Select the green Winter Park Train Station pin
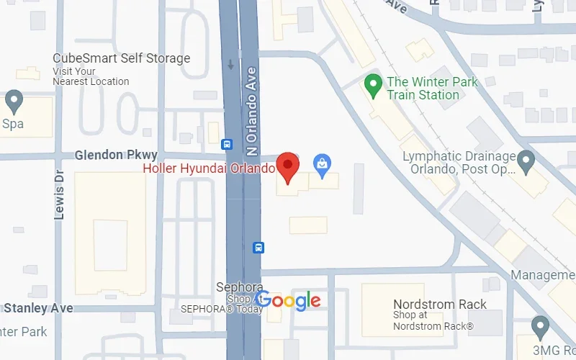(x=372, y=88)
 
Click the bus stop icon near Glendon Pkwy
(x=227, y=144)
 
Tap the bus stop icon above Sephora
(x=258, y=248)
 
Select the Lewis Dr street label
(x=60, y=195)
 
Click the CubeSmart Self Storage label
(x=121, y=58)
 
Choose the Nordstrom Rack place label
(x=439, y=305)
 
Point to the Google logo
(x=288, y=300)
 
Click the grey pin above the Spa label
(x=14, y=101)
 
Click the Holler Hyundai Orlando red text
(x=209, y=169)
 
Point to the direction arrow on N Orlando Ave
(x=230, y=64)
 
